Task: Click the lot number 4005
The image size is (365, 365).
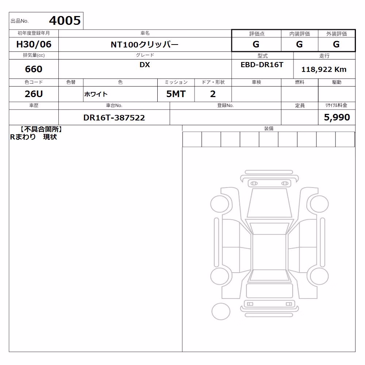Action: click(65, 20)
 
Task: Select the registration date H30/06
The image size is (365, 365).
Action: click(34, 44)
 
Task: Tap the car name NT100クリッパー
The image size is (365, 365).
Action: click(145, 45)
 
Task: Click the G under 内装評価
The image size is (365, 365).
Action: click(299, 44)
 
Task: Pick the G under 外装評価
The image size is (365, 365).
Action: click(336, 44)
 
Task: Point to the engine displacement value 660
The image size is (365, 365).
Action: click(34, 69)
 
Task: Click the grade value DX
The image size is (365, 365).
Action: click(145, 65)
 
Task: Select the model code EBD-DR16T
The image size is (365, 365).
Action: click(262, 65)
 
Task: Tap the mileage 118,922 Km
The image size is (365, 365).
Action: click(324, 69)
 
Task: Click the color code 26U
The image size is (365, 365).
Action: click(34, 94)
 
